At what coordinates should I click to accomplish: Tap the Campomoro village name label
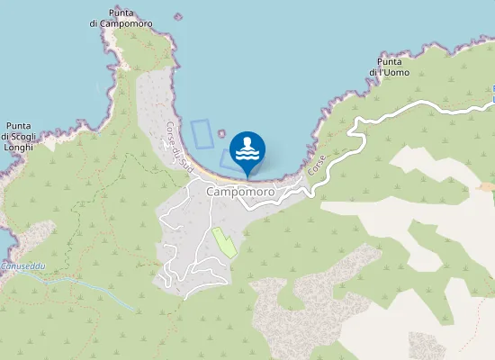point(240,193)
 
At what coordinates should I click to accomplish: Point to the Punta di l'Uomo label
point(389,67)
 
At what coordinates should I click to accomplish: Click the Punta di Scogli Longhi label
point(19,136)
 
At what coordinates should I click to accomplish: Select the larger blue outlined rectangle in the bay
point(202,133)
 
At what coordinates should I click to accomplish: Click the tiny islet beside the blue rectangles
point(221,134)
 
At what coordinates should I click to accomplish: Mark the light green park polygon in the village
point(222,242)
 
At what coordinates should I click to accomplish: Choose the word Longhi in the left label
point(18,146)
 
